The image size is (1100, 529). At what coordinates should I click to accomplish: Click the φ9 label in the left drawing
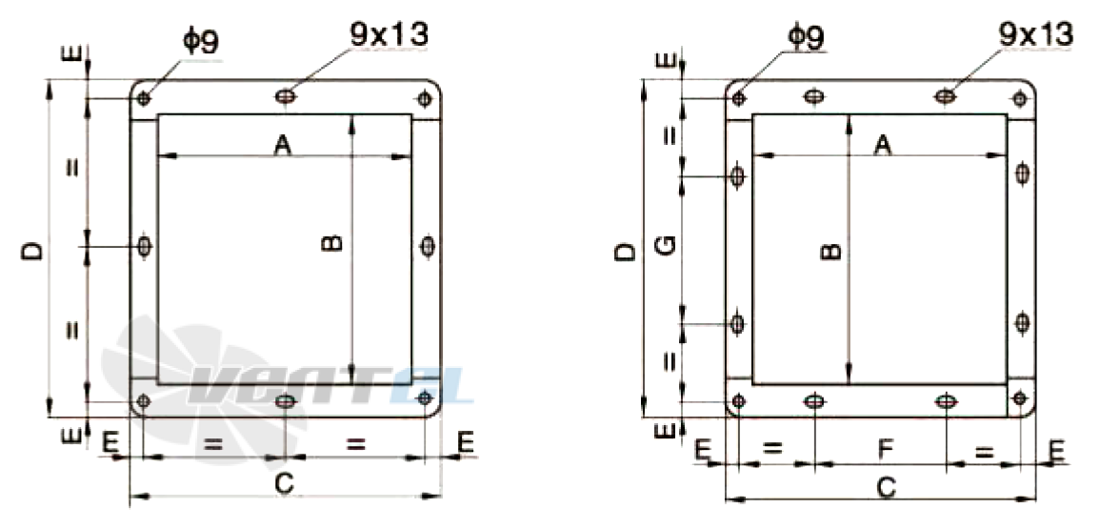[201, 41]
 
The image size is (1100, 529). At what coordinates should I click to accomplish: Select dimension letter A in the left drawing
[283, 145]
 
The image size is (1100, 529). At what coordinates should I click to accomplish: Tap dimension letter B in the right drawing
[830, 252]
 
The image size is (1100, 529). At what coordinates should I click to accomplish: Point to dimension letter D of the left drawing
[32, 252]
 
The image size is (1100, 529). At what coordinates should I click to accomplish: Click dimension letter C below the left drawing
[284, 483]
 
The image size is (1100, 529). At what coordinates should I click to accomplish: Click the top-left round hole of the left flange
[143, 98]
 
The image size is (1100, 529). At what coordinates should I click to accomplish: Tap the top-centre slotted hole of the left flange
[285, 96]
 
